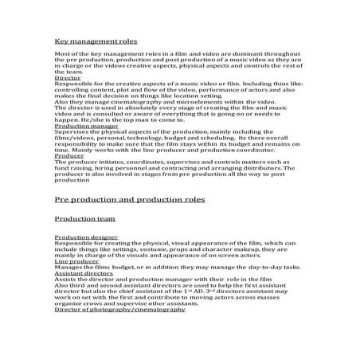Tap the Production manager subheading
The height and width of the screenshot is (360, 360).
coord(82,125)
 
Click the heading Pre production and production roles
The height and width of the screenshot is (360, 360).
coord(130,198)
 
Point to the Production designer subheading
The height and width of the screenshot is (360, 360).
coord(83,237)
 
